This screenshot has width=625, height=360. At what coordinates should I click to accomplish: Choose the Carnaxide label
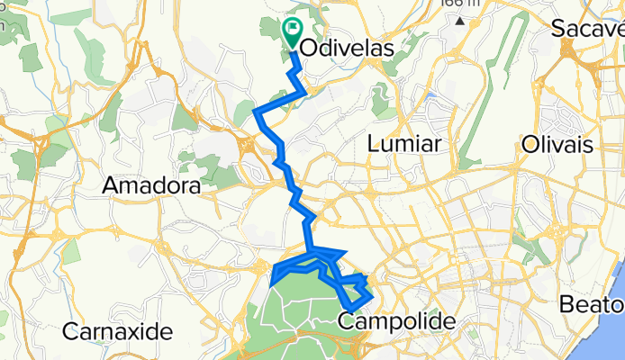(x=117, y=331)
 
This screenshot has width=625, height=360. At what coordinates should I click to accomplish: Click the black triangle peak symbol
(x=460, y=20)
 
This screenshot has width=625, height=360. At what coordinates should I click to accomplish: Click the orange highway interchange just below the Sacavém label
(x=571, y=54)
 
